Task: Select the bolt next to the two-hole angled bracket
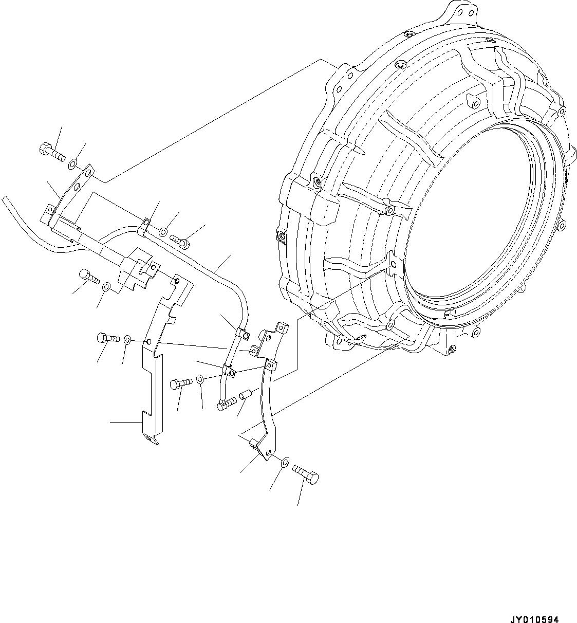[50, 150]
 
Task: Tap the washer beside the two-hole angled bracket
[72, 163]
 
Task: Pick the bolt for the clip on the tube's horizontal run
[181, 239]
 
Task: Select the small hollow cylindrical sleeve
[245, 395]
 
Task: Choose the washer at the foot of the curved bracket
[284, 462]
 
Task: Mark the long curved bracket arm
[267, 406]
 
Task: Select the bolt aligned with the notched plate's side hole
[106, 338]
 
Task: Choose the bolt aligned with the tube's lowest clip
[180, 383]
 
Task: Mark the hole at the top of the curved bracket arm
[268, 365]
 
